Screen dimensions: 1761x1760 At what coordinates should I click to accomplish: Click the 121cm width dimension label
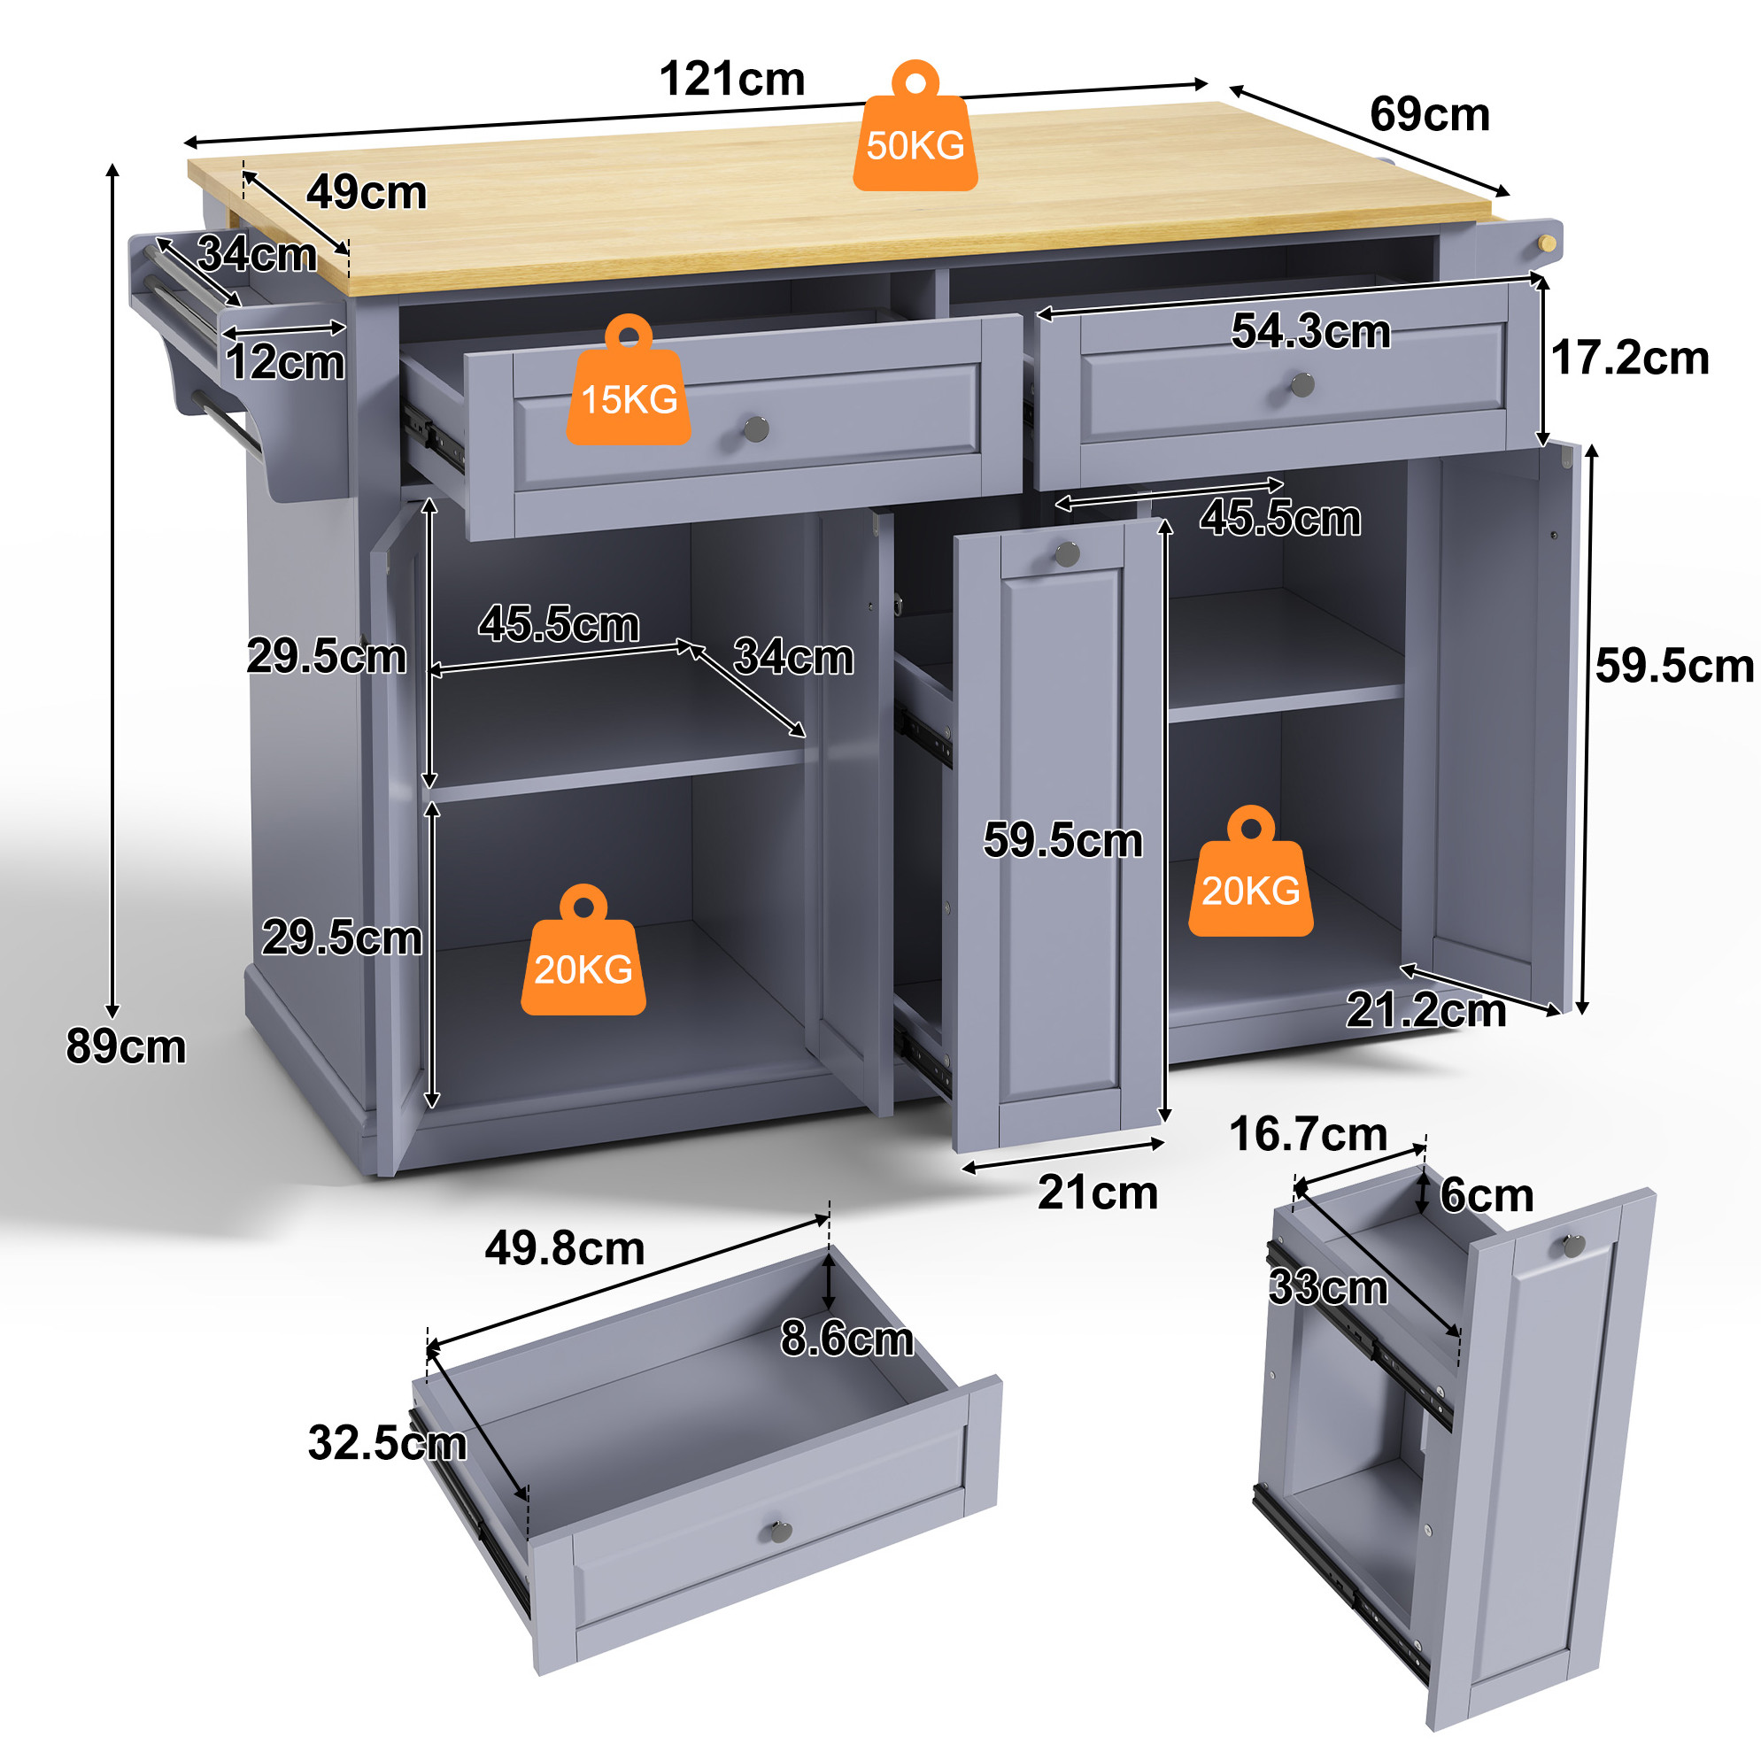coord(732,80)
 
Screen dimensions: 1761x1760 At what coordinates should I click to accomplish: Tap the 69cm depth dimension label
coord(1429,115)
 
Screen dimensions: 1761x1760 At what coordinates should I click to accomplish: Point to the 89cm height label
coord(126,1046)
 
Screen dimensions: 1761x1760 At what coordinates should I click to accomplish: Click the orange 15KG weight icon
coord(629,380)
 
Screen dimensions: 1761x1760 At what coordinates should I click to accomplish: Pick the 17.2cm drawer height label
coord(1630,359)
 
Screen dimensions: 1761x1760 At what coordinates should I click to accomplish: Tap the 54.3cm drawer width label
coord(1310,331)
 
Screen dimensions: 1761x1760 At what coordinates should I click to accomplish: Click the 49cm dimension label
coord(367,193)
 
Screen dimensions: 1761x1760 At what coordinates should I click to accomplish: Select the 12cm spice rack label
coord(285,363)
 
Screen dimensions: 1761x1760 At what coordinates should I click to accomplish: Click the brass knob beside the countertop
coord(1547,243)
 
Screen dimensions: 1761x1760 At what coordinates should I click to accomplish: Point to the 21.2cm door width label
coord(1425,1011)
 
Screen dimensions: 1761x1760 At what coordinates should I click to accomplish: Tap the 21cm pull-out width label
coord(1098,1193)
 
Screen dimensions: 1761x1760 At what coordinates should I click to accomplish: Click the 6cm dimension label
coord(1487,1196)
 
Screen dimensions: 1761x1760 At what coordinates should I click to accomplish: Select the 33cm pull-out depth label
coord(1328,1288)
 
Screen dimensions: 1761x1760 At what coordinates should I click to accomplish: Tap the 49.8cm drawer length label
coord(564,1248)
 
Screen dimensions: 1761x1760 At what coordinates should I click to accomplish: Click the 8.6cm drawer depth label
coord(846,1339)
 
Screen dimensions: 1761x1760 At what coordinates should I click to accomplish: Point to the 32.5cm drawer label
coord(388,1444)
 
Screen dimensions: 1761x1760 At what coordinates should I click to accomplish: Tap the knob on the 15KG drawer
coord(756,428)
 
